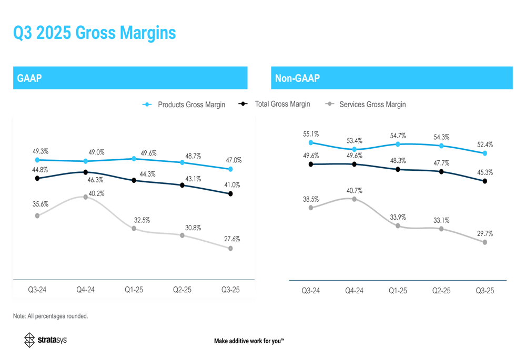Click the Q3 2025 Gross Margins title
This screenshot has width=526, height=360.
(95, 33)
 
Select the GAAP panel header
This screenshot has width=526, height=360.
(29, 78)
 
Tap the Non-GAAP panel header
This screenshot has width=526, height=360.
(297, 78)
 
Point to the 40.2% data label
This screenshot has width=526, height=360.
(96, 194)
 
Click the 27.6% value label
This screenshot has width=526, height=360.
(232, 239)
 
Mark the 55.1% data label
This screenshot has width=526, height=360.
(310, 135)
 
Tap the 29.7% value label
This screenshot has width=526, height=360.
(484, 233)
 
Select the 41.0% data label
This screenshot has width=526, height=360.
(232, 185)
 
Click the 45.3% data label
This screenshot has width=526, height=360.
(484, 172)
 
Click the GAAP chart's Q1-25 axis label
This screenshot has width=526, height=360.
(134, 290)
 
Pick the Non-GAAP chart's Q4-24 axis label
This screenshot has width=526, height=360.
(354, 291)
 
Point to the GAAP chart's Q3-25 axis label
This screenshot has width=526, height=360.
(230, 290)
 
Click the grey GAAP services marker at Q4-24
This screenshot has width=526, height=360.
(85, 197)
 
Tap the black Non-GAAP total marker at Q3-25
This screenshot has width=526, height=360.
(484, 181)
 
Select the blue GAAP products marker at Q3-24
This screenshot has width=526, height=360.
(37, 160)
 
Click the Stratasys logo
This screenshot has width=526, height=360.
(46, 340)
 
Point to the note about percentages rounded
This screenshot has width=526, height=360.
(50, 316)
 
